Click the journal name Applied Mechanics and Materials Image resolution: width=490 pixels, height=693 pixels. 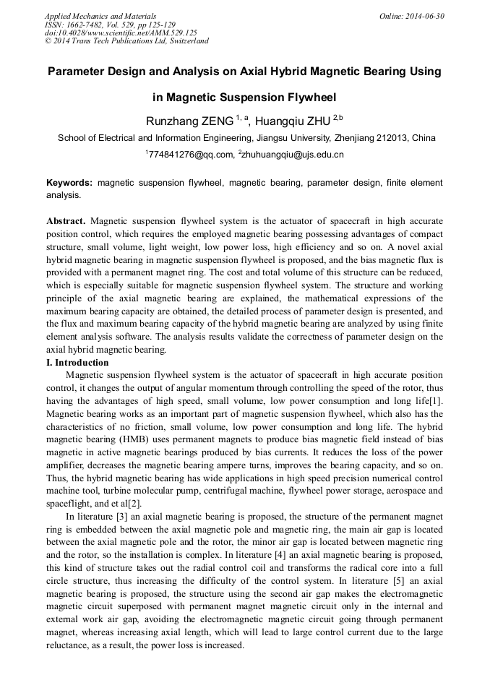pyautogui.click(x=100, y=16)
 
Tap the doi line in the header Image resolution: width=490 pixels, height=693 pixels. pyautogui.click(x=121, y=33)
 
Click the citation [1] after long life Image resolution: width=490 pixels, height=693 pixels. pyautogui.click(x=437, y=401)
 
